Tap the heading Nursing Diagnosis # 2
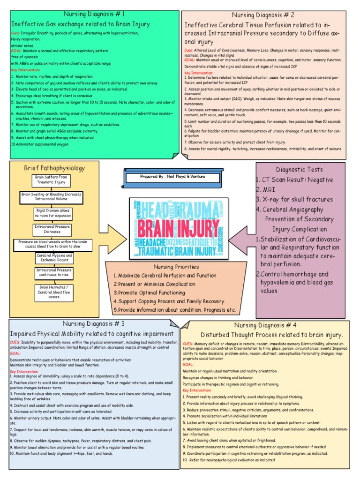click(266, 15)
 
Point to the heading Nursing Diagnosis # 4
click(265, 325)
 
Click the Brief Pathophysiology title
click(54, 168)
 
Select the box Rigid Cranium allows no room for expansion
click(52, 213)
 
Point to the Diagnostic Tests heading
click(300, 169)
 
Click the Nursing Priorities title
click(173, 267)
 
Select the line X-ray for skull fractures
click(294, 200)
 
